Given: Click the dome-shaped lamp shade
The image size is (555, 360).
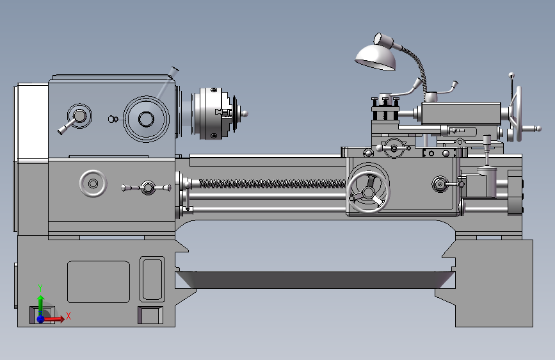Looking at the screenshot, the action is pos(376,57).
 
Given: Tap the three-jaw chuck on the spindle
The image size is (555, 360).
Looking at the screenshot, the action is pos(213,113).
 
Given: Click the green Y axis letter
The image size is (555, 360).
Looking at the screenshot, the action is pos(40,288).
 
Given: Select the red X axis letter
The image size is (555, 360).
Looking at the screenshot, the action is pos(68,316).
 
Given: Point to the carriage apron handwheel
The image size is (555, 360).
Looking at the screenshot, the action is pos(369,192).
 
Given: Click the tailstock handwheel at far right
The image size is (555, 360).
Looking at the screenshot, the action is pos(519,113).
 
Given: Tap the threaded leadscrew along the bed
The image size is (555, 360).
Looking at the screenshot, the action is pos(273,184).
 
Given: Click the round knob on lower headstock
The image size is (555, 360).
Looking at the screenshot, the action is pos(93,184).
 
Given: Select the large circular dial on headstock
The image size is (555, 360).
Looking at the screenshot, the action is pos(146,119).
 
